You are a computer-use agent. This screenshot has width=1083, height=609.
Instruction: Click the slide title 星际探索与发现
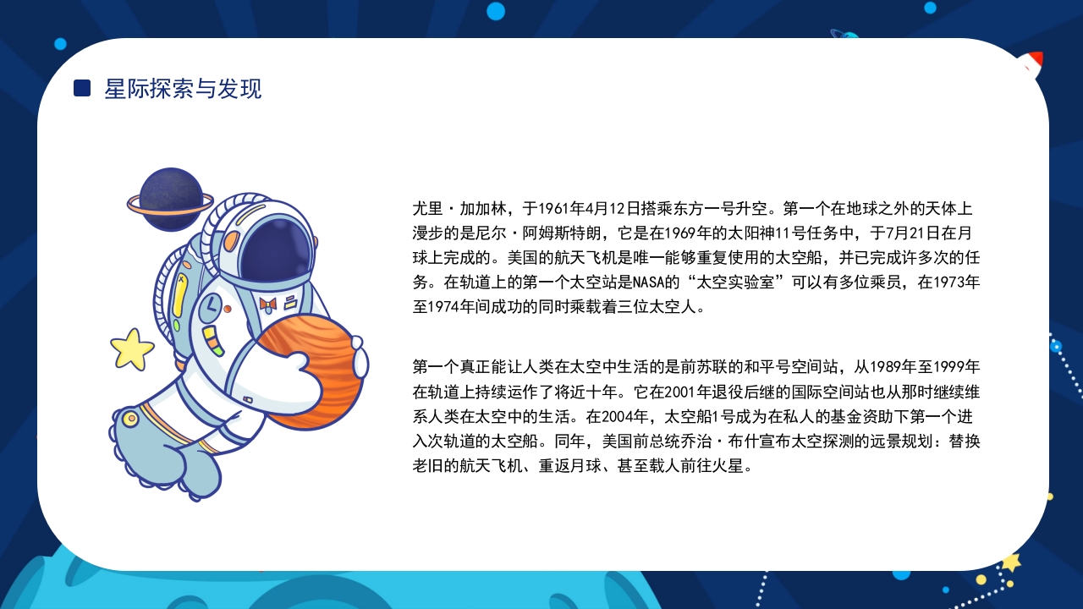[x=183, y=88]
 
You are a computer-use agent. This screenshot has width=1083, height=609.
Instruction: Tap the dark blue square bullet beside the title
[x=82, y=88]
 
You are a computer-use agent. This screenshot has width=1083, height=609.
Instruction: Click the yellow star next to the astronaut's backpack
[x=132, y=348]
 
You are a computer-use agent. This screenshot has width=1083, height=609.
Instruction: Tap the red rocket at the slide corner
[x=1033, y=64]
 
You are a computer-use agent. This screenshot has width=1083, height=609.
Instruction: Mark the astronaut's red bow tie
[x=268, y=302]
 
